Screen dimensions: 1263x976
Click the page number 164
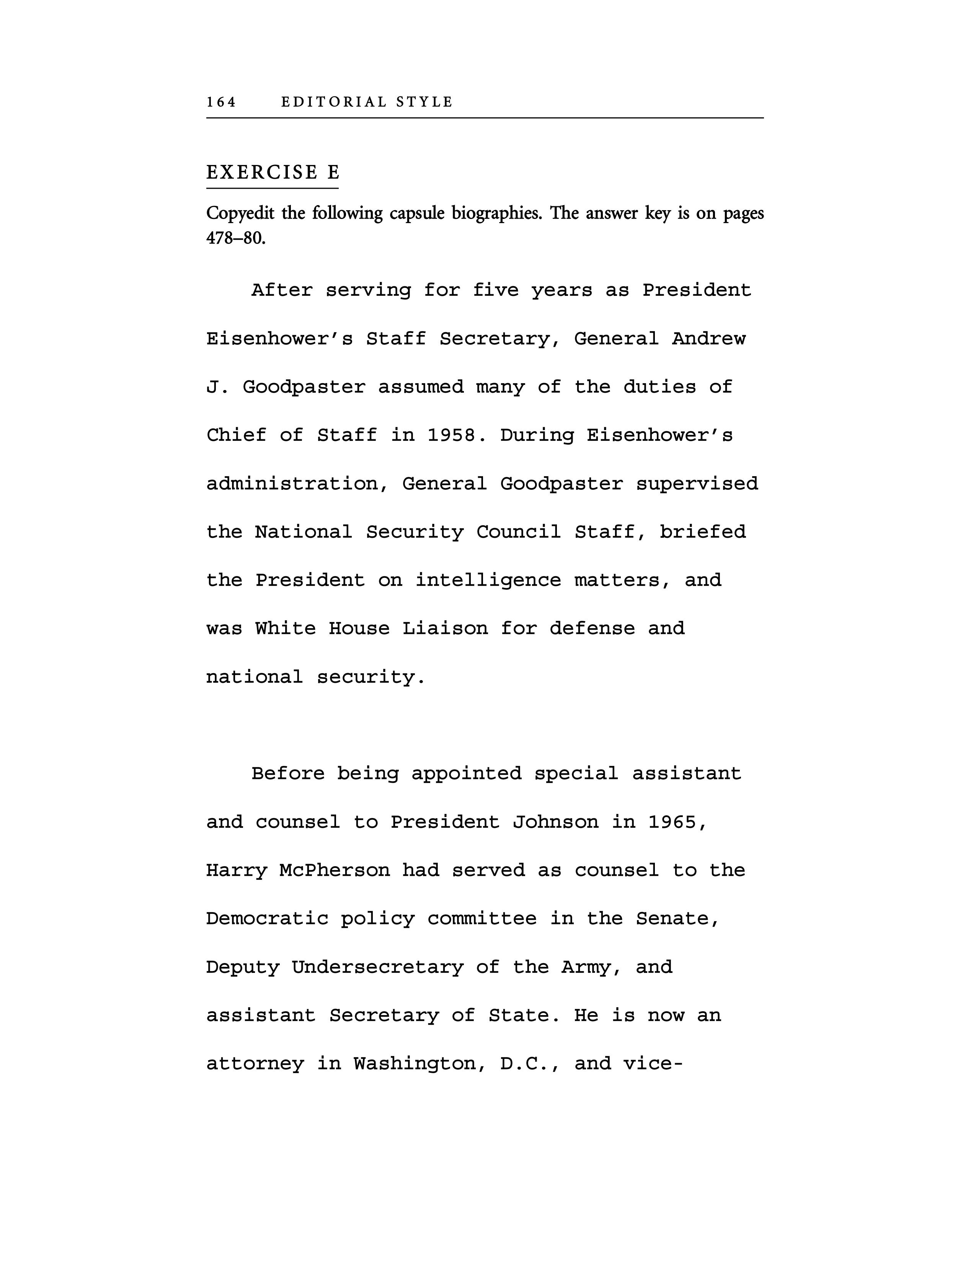point(222,102)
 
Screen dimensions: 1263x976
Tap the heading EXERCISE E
point(273,172)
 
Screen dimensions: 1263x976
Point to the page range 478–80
point(236,238)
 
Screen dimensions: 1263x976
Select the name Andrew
point(708,338)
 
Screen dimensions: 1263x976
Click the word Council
point(519,532)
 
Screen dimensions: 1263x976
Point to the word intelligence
point(488,580)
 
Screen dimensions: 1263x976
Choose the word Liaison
point(445,628)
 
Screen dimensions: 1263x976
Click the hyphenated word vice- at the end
point(653,1064)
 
